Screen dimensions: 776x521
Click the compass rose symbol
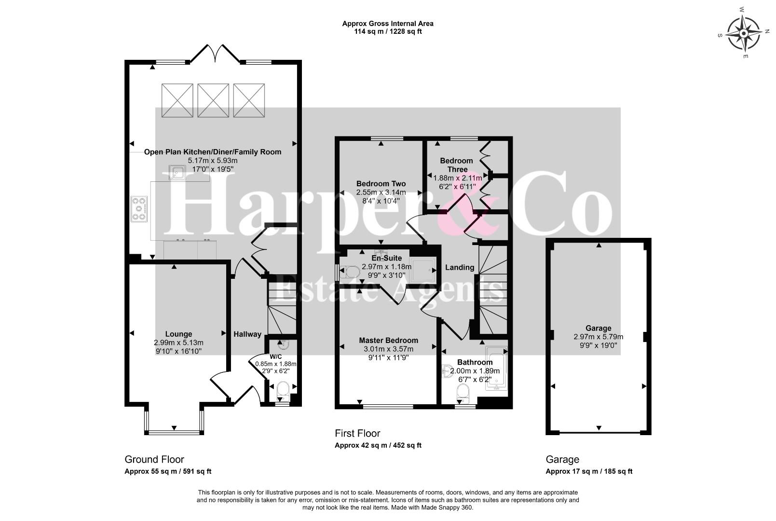tap(744, 34)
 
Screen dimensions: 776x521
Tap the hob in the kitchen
tap(139, 209)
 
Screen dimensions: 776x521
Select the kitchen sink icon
tap(177, 172)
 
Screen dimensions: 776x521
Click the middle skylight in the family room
tap(213, 100)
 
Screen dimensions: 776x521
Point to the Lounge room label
tap(178, 334)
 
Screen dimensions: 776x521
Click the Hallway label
tap(247, 334)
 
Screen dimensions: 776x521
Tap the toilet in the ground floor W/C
tap(284, 390)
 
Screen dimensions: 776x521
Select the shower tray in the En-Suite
tap(422, 270)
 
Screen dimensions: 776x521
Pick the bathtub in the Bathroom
tap(496, 368)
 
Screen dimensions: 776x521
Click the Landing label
tap(459, 267)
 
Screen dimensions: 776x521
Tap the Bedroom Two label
tap(381, 184)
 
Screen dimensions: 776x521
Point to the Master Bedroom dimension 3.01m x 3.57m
tap(388, 349)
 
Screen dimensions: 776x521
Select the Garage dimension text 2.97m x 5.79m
tap(599, 336)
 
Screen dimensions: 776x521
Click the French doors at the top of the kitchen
tap(215, 54)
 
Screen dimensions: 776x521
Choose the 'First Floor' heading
tap(357, 433)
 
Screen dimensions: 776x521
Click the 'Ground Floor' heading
tap(154, 459)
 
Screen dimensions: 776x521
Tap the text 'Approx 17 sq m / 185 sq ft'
tap(589, 471)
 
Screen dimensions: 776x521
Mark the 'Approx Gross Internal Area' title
tap(388, 24)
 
